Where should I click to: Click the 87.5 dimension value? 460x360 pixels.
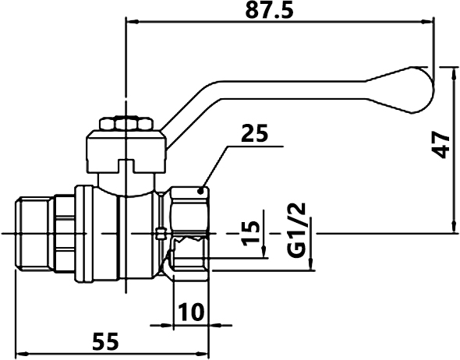[x=269, y=11]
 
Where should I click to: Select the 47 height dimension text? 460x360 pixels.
[x=441, y=144]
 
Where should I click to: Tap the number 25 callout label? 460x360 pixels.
[x=254, y=132]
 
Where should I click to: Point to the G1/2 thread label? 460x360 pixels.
[x=297, y=230]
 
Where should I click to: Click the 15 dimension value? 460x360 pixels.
[x=251, y=233]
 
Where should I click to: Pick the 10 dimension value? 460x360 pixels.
[x=191, y=312]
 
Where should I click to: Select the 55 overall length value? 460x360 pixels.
[x=105, y=341]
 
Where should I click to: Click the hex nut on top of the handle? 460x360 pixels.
[x=126, y=123]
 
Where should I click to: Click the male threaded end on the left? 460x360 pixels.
[x=35, y=233]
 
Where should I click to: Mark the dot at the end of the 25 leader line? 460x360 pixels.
[x=200, y=192]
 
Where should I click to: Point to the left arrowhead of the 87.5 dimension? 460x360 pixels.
[x=132, y=21]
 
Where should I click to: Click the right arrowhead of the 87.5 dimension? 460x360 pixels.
[x=426, y=21]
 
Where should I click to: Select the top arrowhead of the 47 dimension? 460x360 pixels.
[x=455, y=73]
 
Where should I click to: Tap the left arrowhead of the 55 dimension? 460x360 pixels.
[x=21, y=353]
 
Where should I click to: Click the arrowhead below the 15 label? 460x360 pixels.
[x=264, y=252]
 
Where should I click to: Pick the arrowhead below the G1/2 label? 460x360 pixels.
[x=311, y=263]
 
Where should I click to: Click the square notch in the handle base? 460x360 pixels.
[x=126, y=166]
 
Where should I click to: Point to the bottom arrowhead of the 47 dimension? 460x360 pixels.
[x=455, y=227]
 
